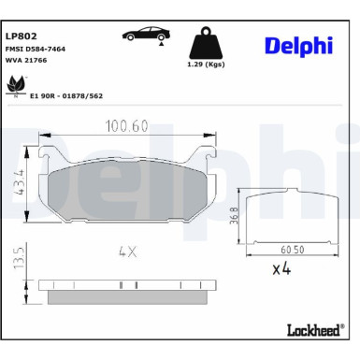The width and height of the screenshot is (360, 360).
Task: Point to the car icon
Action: (146, 35)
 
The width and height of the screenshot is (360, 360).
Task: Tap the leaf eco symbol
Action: (16, 86)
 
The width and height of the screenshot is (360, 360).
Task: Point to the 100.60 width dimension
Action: (127, 124)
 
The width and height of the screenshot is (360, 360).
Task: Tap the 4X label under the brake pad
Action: (128, 252)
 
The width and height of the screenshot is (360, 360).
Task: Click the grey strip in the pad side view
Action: (128, 296)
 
